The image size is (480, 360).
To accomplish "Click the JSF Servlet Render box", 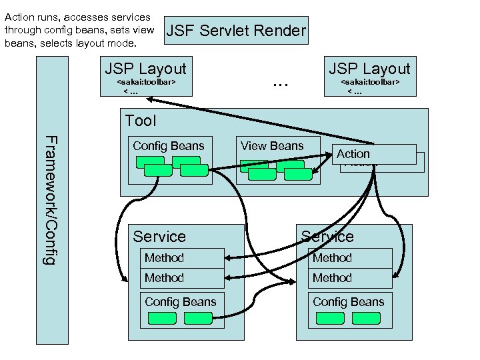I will coord(235,31).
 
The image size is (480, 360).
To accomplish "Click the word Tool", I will coord(141,121).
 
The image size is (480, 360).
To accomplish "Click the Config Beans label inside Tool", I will coord(168,146).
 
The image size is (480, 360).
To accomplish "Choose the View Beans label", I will coord(272,146).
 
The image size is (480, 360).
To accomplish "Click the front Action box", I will coord(376,154).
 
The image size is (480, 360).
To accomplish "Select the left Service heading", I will coord(159,237).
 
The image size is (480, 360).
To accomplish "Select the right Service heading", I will coord(327,237).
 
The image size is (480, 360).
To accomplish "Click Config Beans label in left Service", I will coord(180,302).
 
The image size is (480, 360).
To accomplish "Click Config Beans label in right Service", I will coord(348,302).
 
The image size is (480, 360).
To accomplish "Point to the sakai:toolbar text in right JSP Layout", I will coord(370,82).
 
